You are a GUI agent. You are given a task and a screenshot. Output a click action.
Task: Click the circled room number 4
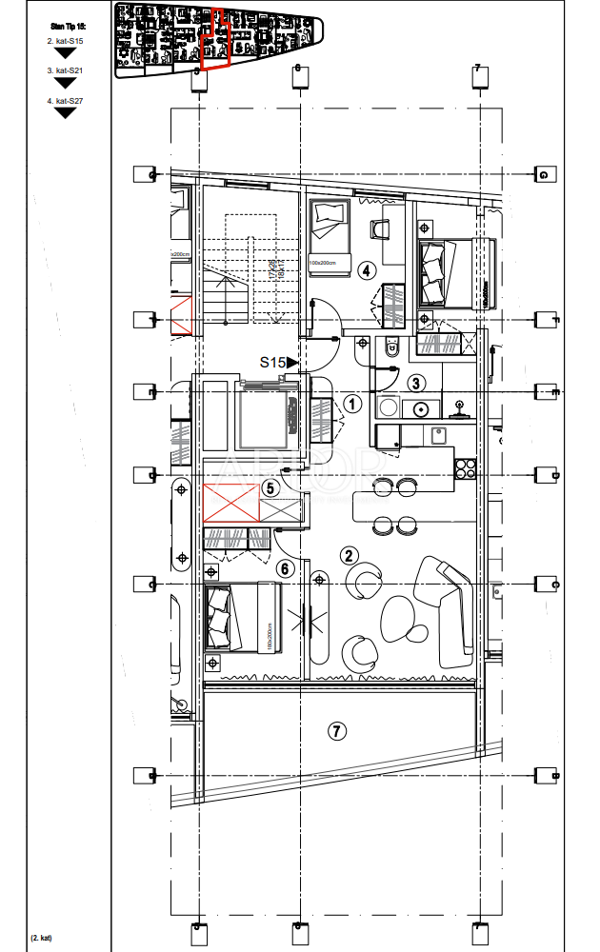pyautogui.click(x=365, y=270)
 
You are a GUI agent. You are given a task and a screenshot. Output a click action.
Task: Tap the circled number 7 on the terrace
pyautogui.click(x=335, y=731)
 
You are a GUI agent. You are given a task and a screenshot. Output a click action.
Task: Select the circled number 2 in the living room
pyautogui.click(x=350, y=556)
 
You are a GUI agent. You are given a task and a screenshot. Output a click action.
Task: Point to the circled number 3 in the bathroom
pyautogui.click(x=415, y=384)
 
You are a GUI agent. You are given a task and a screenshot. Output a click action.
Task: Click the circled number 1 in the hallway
pyautogui.click(x=352, y=404)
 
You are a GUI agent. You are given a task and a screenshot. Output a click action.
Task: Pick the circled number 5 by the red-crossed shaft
pyautogui.click(x=270, y=487)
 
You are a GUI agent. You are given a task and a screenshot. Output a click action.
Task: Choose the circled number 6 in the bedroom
pyautogui.click(x=284, y=568)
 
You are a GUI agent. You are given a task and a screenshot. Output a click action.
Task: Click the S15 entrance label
pyautogui.click(x=273, y=362)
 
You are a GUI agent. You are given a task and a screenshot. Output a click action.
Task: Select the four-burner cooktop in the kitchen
pyautogui.click(x=467, y=467)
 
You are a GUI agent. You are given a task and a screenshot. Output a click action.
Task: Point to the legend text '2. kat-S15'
pyautogui.click(x=65, y=42)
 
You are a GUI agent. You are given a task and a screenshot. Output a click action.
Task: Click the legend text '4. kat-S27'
pyautogui.click(x=65, y=100)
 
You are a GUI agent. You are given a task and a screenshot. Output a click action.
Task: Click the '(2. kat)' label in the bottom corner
pyautogui.click(x=41, y=938)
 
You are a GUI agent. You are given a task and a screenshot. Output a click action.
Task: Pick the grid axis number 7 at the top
pyautogui.click(x=477, y=69)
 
